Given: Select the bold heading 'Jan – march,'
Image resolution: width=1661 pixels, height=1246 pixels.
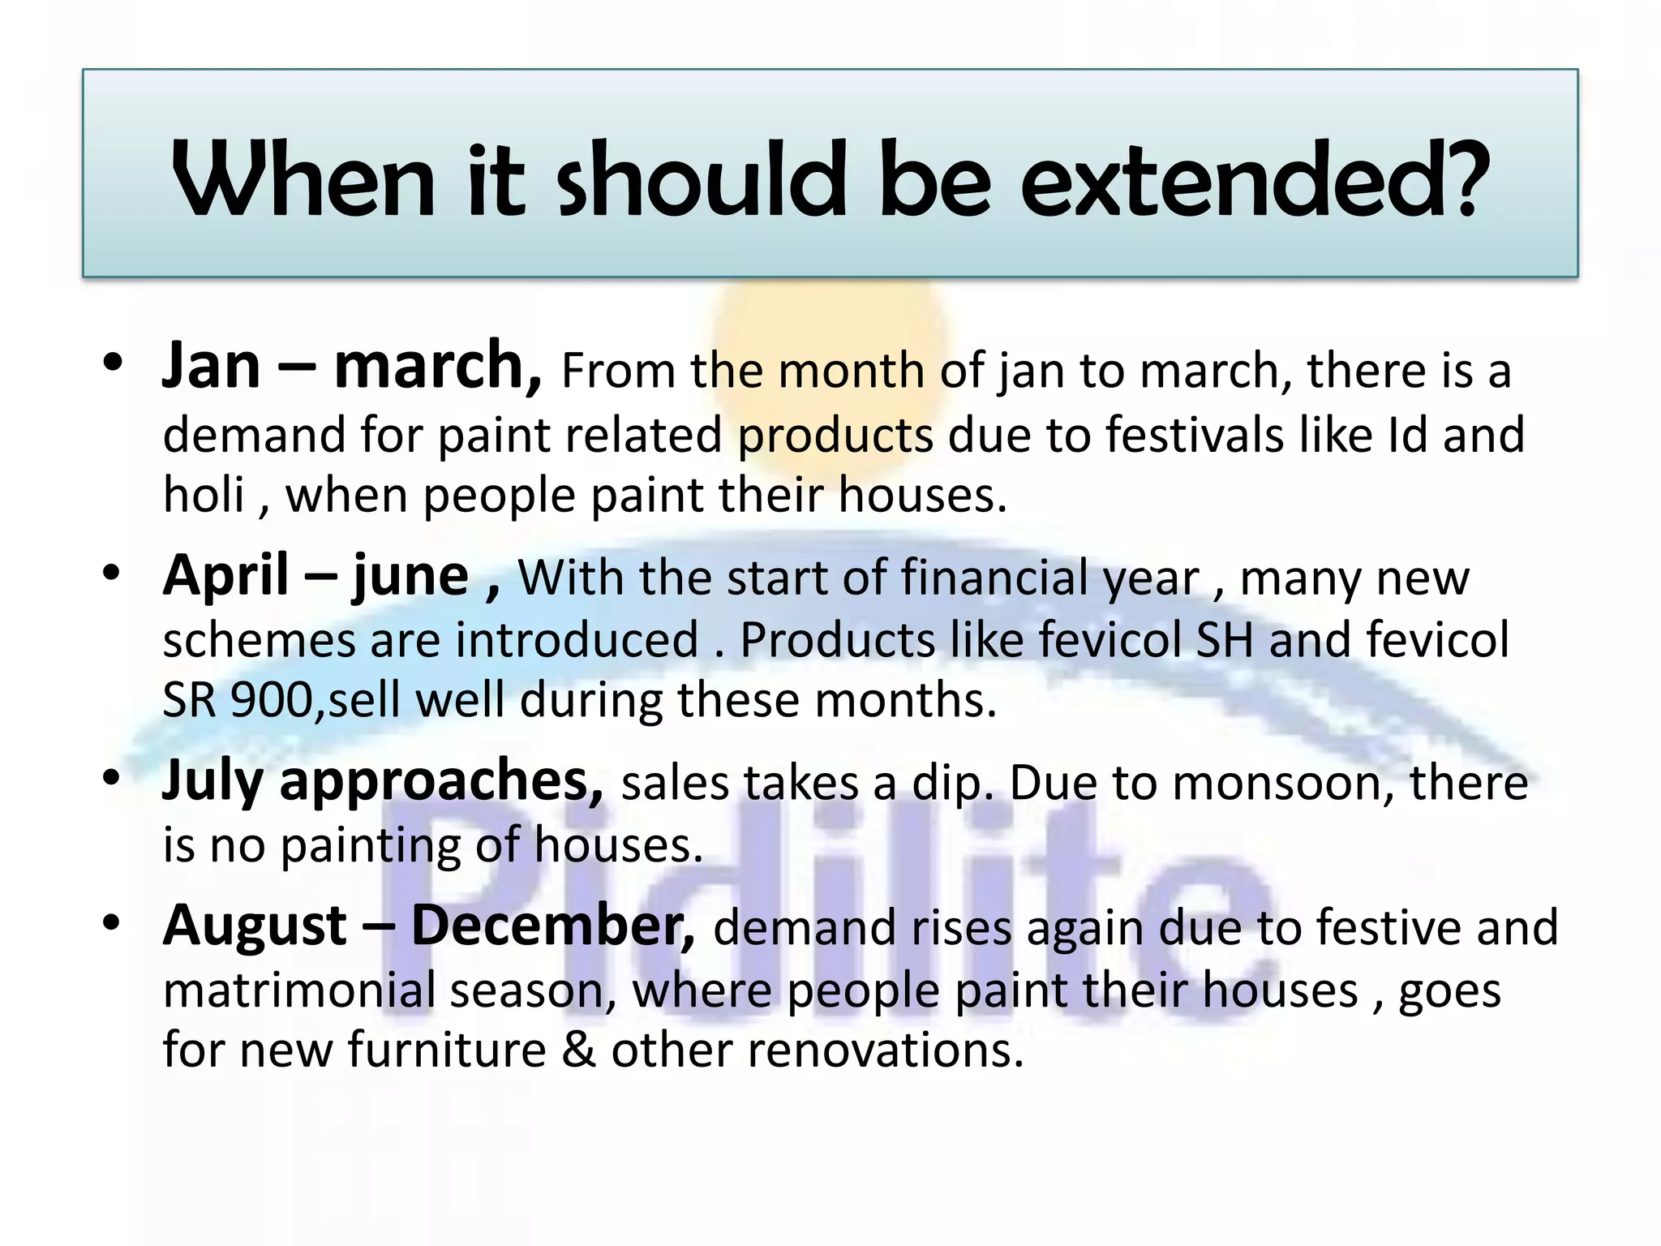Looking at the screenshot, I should [x=351, y=367].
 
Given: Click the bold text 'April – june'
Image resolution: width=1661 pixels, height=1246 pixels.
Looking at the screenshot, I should [x=315, y=576].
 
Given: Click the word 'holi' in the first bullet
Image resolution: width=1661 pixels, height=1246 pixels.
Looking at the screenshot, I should [x=204, y=495].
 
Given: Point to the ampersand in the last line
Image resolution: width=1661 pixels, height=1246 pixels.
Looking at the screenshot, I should [x=578, y=1050].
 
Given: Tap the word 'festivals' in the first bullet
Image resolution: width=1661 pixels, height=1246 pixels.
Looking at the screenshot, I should [x=1195, y=435].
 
